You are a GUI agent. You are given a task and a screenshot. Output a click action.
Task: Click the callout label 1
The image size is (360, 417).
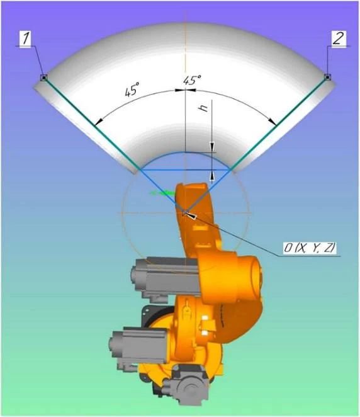26,38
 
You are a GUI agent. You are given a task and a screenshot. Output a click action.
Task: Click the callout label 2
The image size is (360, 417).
339,38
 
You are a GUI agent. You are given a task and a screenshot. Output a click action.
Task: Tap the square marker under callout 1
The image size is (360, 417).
44,77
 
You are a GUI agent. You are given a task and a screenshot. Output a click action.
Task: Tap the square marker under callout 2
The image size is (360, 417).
328,77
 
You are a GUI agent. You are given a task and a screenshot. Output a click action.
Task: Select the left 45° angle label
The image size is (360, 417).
132,89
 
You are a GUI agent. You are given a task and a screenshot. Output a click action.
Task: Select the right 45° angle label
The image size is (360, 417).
192,80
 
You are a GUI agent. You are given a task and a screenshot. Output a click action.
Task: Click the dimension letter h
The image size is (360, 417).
204,108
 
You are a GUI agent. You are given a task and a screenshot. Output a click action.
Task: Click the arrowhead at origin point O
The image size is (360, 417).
191,215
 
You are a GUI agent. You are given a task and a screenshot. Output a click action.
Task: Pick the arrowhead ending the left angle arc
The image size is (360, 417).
99,122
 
